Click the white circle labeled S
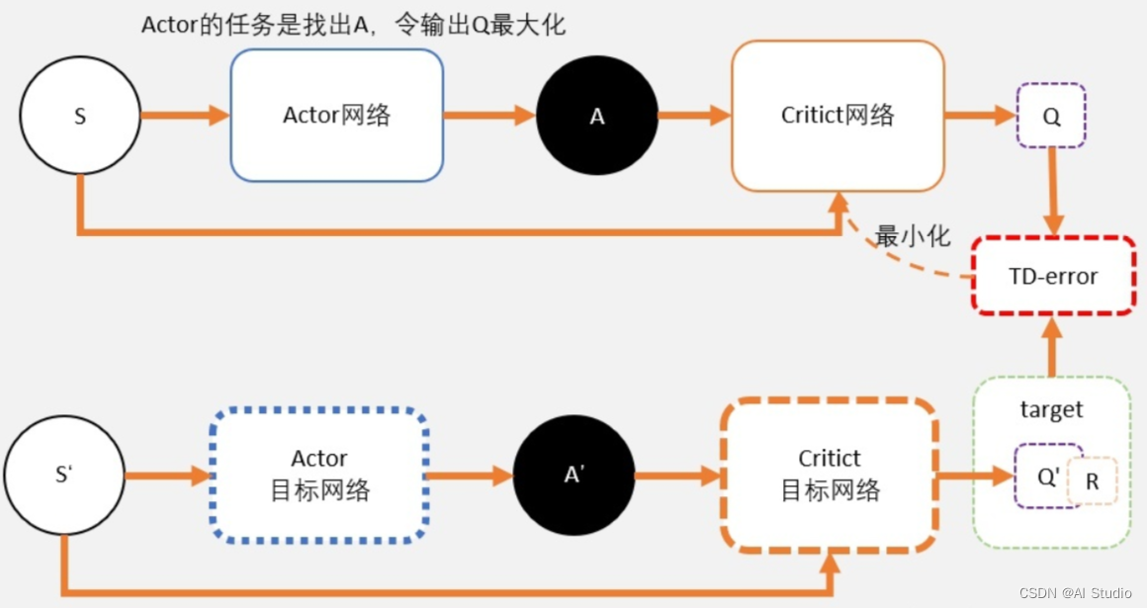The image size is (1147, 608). click(x=80, y=116)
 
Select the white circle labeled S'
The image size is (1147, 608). click(x=64, y=475)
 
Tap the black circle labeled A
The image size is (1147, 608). click(x=597, y=116)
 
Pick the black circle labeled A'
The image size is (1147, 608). click(x=574, y=475)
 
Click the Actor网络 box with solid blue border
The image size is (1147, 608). click(x=336, y=115)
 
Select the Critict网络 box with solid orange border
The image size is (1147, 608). click(x=838, y=115)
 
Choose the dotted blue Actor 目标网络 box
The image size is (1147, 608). click(x=319, y=475)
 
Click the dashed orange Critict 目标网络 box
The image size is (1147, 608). click(x=829, y=475)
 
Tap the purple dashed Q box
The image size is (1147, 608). click(x=1052, y=117)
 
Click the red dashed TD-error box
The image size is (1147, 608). click(x=1053, y=276)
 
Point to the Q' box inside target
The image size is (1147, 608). click(x=1046, y=477)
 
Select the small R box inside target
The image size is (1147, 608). click(x=1093, y=482)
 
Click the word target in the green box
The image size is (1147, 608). click(x=1051, y=409)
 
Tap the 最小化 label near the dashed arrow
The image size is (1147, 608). click(x=913, y=236)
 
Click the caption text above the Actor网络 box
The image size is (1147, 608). click(x=353, y=25)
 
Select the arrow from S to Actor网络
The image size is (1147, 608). click(x=185, y=116)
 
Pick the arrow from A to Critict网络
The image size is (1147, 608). click(x=693, y=116)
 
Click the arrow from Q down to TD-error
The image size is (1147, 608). click(x=1053, y=192)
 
